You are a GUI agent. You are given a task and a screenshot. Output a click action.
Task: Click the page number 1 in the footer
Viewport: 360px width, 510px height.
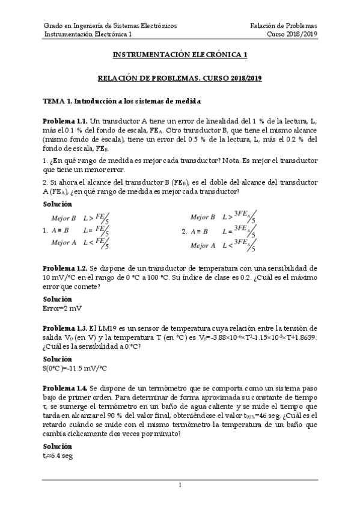coord(180,485)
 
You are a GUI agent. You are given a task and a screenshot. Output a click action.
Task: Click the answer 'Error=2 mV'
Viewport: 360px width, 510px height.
coord(63,308)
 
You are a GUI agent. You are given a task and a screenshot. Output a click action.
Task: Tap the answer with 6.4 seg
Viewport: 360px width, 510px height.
coord(58,457)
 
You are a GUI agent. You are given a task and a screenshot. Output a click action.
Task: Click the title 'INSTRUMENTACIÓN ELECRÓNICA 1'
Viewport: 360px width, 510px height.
coord(180,55)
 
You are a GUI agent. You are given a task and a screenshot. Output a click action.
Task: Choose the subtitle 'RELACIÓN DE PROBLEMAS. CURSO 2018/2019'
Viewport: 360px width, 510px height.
coord(180,78)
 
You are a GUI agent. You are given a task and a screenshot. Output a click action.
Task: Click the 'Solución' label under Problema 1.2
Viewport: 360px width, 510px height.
coord(57,299)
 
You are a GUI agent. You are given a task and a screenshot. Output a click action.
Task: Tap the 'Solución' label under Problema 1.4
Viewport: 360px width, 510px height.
coord(57,447)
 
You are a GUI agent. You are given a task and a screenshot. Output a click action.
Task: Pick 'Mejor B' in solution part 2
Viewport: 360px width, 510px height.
coord(203,217)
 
